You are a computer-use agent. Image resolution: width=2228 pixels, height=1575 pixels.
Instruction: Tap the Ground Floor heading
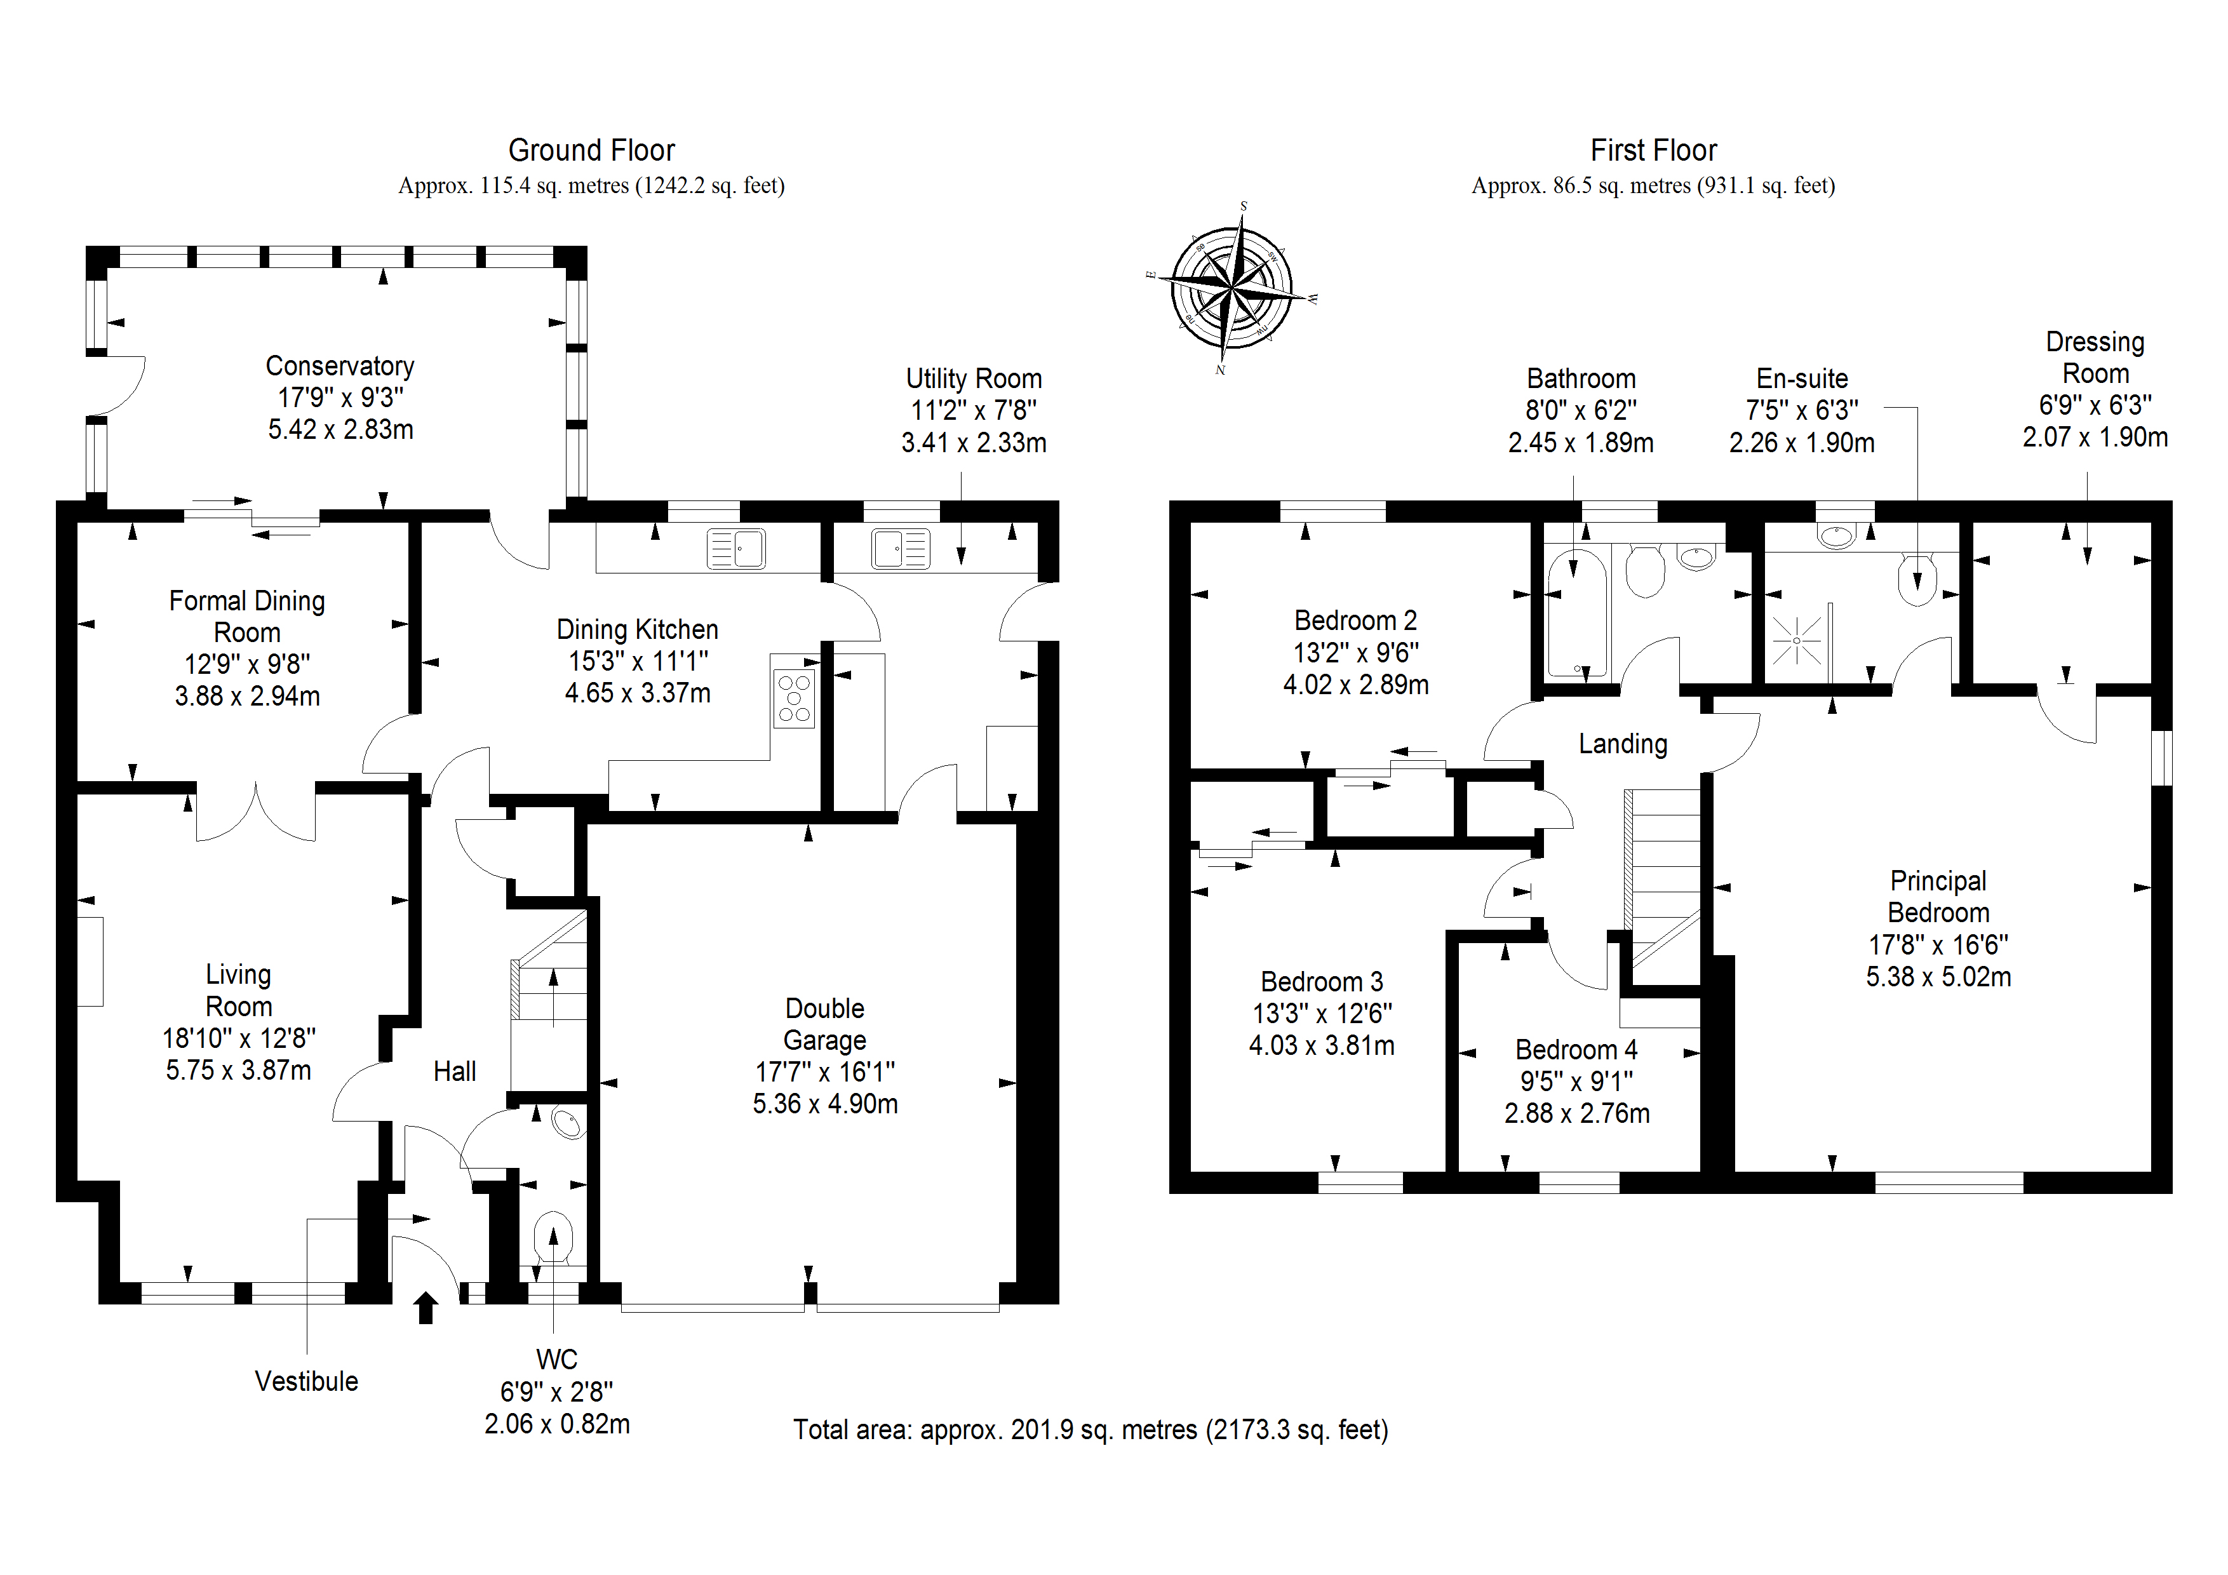591,151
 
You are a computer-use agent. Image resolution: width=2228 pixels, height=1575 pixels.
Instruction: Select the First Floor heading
1653,151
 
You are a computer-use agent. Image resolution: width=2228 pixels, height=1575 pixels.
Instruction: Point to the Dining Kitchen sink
735,548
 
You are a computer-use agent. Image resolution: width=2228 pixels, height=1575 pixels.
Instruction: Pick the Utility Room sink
901,548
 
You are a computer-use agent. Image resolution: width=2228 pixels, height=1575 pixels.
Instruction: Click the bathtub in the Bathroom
1576,613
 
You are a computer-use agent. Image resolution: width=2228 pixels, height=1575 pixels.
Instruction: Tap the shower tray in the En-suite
1796,641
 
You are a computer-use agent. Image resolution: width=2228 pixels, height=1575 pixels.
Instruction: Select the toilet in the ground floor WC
553,1237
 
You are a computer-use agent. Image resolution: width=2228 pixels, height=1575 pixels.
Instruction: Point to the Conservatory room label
340,366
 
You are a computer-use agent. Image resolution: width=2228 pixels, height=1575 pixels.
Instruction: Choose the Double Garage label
825,1024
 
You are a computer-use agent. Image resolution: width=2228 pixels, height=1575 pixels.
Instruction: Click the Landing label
1623,744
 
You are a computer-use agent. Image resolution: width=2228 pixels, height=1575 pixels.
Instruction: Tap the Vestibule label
307,1381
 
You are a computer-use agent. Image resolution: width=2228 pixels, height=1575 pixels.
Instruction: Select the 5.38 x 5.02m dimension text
1938,976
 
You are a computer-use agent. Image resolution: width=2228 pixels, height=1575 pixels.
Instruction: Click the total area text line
1091,1430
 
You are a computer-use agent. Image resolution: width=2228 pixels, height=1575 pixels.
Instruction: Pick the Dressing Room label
2095,357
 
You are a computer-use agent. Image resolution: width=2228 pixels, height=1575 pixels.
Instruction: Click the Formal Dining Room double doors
256,813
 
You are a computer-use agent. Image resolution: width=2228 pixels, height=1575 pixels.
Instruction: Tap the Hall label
454,1071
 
